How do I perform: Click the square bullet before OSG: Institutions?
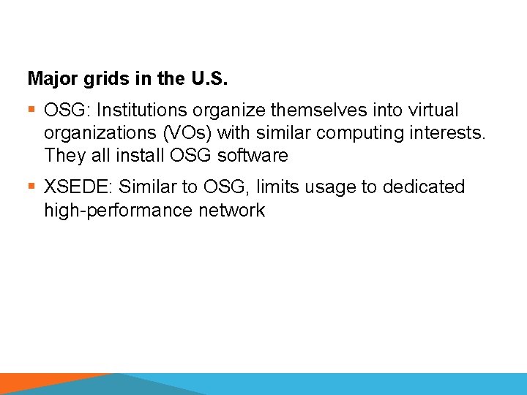coord(31,110)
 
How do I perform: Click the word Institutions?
coord(142,110)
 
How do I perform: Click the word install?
coord(132,156)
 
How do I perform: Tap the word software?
coord(253,156)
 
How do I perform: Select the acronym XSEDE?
coord(77,187)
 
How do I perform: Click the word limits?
coord(276,187)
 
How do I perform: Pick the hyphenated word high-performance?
coord(119,211)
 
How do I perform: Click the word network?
coord(233,211)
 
